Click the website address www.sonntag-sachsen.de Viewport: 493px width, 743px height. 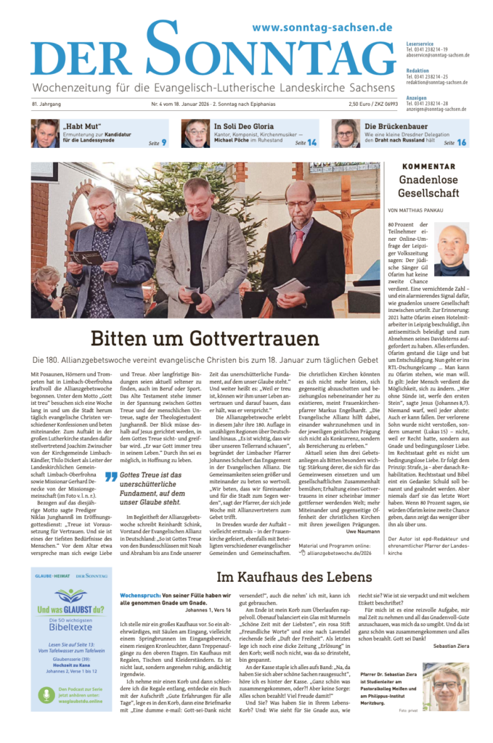(322, 28)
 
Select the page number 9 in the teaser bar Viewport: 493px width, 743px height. (163, 142)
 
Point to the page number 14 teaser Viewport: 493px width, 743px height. (311, 142)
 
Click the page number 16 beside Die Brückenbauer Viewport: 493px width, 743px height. (461, 142)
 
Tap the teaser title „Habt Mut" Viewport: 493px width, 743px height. (82, 126)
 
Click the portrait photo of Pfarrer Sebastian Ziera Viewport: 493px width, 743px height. (444, 686)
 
